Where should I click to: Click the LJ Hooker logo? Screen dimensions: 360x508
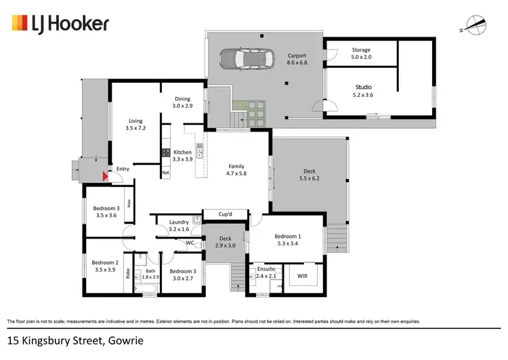[x=60, y=24]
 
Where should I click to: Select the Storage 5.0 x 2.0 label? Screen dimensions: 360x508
[x=361, y=54]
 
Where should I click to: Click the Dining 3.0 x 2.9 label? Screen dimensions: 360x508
[x=182, y=102]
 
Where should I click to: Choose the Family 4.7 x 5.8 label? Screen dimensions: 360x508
[x=236, y=169]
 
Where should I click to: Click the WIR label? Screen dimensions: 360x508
[x=302, y=276]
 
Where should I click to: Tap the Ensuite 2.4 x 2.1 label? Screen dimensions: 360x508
[x=266, y=273]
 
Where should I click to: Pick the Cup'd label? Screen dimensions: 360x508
[x=226, y=215]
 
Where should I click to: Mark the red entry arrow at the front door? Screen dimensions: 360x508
[x=104, y=177]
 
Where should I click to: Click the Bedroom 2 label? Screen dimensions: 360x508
[x=105, y=266]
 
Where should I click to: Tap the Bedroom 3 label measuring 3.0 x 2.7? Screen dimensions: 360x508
[x=183, y=275]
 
